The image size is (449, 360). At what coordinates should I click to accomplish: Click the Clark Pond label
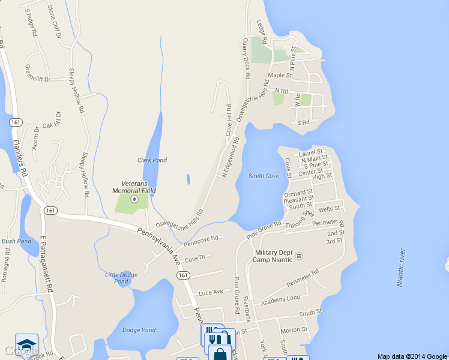pos(152,160)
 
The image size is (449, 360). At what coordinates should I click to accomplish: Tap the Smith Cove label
pos(264,176)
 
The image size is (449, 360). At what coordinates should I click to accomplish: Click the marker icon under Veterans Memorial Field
pos(134,199)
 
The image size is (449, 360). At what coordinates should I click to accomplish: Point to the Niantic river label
pos(400,267)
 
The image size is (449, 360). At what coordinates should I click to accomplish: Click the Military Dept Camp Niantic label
pos(273,256)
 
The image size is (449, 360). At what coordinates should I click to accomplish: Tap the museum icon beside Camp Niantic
pos(299,256)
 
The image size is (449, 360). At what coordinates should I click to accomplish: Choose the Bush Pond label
pos(16,241)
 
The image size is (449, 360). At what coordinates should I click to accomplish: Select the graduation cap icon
pos(26,344)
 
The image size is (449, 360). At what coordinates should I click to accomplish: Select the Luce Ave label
pos(211,292)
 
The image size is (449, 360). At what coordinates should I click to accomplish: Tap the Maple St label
pos(280,76)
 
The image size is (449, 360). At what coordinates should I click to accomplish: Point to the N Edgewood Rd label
pos(231,157)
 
